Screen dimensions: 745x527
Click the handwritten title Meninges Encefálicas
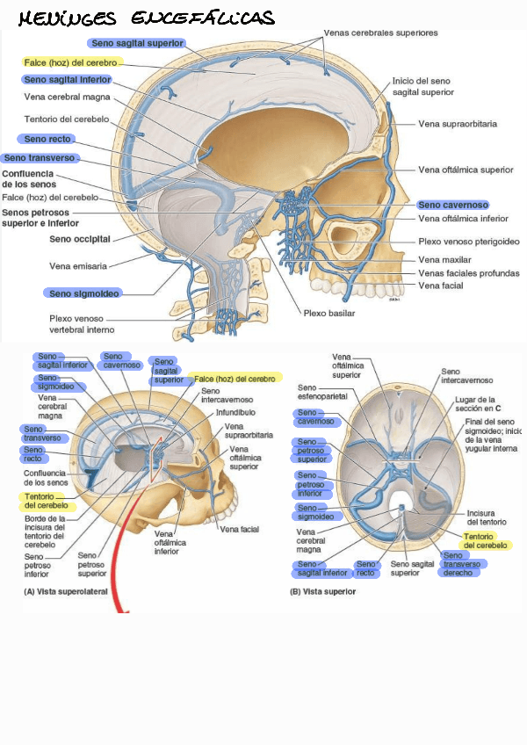tap(146, 18)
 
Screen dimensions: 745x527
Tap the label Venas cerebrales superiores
tap(380, 33)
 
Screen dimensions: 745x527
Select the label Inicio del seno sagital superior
tap(422, 85)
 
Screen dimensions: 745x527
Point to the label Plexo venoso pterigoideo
tap(469, 241)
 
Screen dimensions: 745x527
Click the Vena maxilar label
tap(440, 259)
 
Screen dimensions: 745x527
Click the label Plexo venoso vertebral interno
tap(82, 323)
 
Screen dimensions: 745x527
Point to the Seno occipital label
tap(79, 238)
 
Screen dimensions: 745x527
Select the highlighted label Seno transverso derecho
tap(461, 563)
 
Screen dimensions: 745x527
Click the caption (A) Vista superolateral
tap(66, 592)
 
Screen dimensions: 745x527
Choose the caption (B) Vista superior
tap(322, 592)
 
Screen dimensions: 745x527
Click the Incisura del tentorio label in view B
tap(486, 517)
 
